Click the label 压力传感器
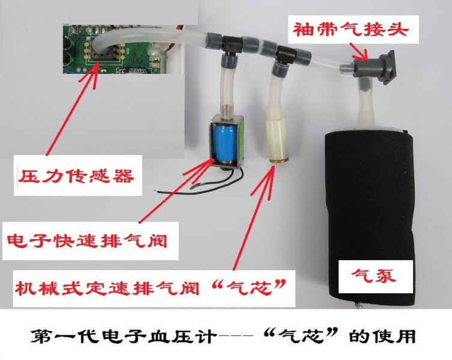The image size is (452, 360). pyautogui.click(x=76, y=176)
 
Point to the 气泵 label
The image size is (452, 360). pyautogui.click(x=374, y=276)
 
